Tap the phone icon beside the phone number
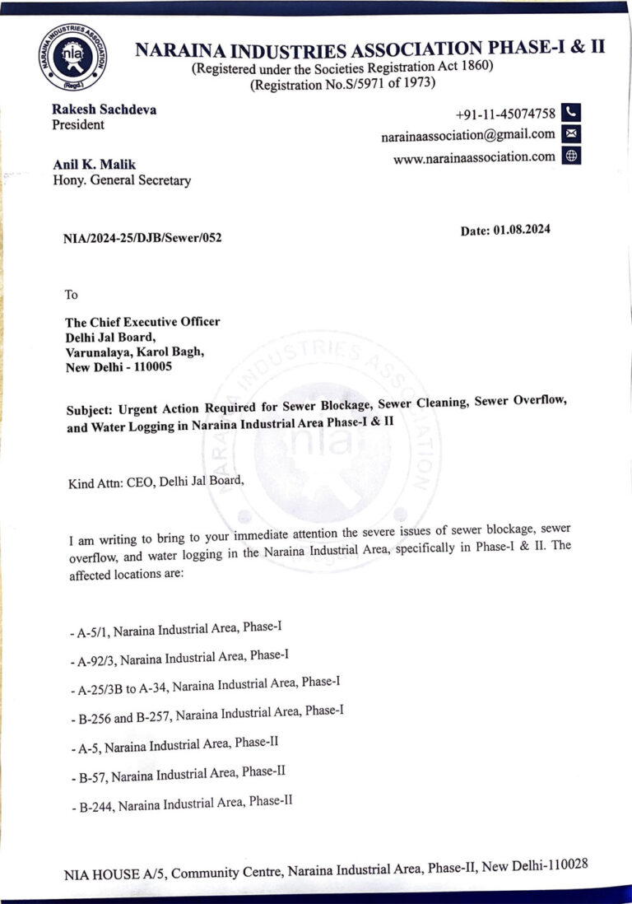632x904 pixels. coord(573,113)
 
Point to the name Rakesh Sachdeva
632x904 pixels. coord(104,109)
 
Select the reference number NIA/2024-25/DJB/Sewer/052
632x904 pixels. coord(142,238)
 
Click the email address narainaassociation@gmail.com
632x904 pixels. coord(467,135)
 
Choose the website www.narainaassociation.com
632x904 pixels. coord(474,157)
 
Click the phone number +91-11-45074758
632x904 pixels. coord(505,114)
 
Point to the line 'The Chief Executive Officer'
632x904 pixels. coord(142,322)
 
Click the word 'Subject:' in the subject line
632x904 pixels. coord(91,408)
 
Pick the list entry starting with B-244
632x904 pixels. coord(182,803)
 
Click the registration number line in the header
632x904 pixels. coord(343,83)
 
